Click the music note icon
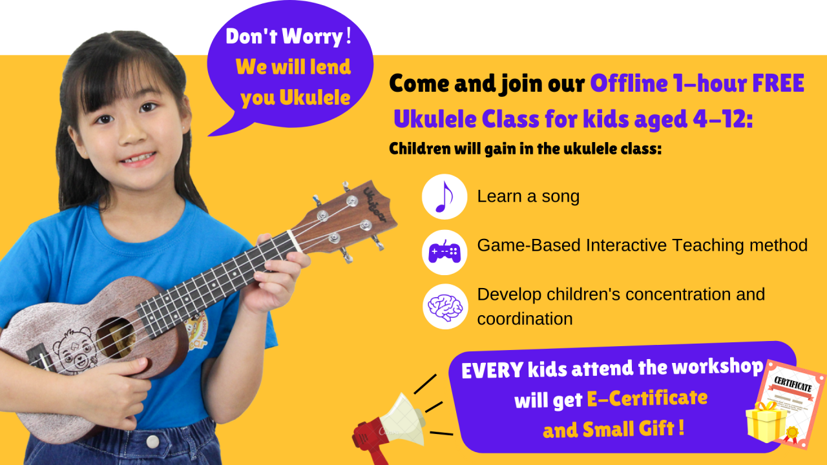(445, 196)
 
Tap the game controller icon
(445, 252)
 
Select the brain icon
(445, 306)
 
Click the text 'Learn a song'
(528, 196)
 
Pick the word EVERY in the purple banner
(492, 370)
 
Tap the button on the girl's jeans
(152, 441)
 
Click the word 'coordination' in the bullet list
(525, 319)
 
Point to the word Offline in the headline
(629, 84)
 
